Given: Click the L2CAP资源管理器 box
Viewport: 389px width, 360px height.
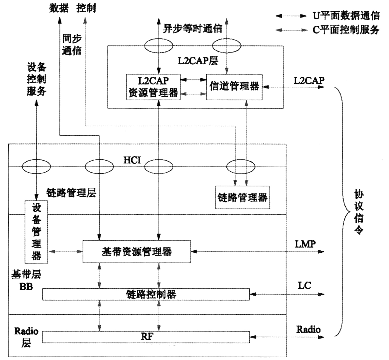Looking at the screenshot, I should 153,87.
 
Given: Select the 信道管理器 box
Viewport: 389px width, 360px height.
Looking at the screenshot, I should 234,87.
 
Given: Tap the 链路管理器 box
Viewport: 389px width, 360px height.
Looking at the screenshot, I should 242,197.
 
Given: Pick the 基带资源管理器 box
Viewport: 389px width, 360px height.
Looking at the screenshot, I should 137,252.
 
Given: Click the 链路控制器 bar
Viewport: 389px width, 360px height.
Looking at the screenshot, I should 146,294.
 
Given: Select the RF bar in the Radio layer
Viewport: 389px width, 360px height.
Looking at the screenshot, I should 146,337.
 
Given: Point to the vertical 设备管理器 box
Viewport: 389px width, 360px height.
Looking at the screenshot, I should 36,232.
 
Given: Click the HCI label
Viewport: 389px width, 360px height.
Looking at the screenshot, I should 132,160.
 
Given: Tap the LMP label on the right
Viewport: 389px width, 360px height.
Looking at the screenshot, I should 305,244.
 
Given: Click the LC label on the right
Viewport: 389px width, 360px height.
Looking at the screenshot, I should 305,286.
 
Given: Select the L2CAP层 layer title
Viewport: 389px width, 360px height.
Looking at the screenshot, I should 198,61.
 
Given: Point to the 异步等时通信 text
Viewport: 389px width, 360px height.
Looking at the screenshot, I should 192,29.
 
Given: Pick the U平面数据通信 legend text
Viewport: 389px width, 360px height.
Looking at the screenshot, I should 346,16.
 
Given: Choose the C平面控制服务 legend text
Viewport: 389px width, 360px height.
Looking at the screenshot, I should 346,30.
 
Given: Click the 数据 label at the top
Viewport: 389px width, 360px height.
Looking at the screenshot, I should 59,8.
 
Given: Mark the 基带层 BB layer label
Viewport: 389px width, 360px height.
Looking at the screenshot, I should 26,280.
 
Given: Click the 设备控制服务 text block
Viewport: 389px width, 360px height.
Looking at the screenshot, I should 36,79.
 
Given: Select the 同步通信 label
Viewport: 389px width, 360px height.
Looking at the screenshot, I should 72,45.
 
